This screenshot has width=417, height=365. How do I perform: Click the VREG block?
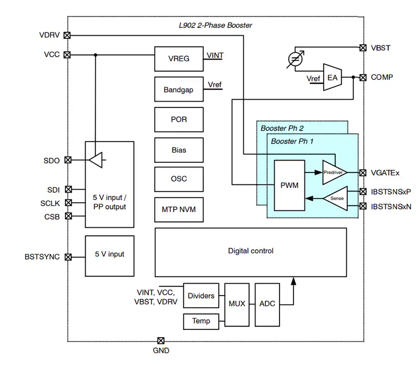pos(179,59)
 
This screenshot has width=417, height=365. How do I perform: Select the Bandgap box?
pos(179,90)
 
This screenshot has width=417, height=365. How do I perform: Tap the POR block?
pos(179,119)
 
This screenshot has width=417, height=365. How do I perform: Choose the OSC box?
pos(179,179)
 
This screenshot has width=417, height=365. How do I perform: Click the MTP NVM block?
pos(179,209)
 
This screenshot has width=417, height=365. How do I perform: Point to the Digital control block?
pos(251,251)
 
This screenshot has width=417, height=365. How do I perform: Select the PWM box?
pos(290,185)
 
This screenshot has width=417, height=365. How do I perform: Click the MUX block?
pos(237,304)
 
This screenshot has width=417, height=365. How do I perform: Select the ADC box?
pos(267,304)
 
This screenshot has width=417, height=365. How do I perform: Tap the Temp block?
pos(201,321)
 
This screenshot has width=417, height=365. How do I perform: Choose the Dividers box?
pos(201,296)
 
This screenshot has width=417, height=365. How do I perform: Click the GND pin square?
pos(161,340)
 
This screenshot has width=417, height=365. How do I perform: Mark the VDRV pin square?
pos(67,35)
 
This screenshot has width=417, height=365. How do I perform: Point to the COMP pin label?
pos(382,77)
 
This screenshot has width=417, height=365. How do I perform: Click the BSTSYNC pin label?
pos(42,257)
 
